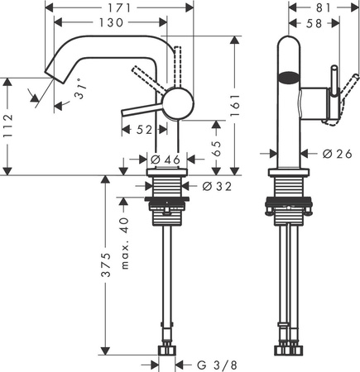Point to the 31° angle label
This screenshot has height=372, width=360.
tap(79, 97)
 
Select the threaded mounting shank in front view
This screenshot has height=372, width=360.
tap(169, 189)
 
